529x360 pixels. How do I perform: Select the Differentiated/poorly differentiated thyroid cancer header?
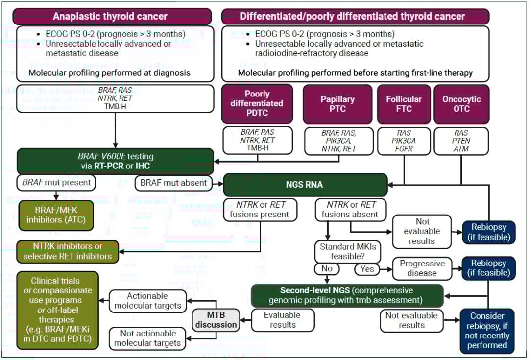tap(355, 16)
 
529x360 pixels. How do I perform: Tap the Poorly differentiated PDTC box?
tap(257, 103)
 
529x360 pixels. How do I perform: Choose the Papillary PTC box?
tap(337, 103)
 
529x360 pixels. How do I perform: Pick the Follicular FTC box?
tap(404, 103)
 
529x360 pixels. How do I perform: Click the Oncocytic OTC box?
tap(461, 103)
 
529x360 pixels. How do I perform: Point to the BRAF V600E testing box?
tap(115, 161)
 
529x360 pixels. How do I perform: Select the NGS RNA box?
tap(305, 186)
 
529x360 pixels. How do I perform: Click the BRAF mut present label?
tap(56, 183)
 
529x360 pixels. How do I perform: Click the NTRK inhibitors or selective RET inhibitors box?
tap(68, 251)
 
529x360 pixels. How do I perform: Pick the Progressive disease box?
tap(422, 268)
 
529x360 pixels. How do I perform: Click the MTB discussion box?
tap(215, 319)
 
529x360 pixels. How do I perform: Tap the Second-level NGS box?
tap(347, 295)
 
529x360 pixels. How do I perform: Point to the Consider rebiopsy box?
tap(487, 331)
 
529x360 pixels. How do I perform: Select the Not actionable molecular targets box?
tap(147, 338)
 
